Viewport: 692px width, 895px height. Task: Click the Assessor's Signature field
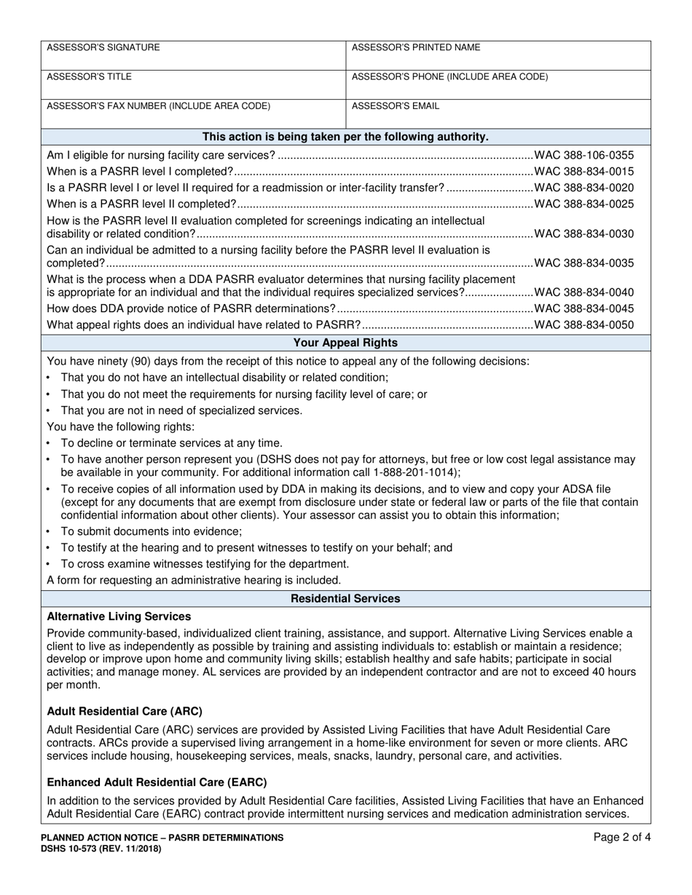pyautogui.click(x=193, y=55)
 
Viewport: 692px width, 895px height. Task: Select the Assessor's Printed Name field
pyautogui.click(x=498, y=55)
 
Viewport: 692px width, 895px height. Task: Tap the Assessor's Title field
pyautogui.click(x=193, y=84)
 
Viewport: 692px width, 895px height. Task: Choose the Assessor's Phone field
pyautogui.click(x=498, y=84)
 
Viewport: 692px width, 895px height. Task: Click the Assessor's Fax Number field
pyautogui.click(x=193, y=114)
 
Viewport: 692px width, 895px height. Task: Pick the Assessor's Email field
pyautogui.click(x=498, y=114)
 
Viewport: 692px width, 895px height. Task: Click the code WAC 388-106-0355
pyautogui.click(x=584, y=155)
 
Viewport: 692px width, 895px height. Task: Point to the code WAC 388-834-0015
pyautogui.click(x=584, y=172)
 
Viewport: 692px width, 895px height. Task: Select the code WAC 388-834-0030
pyautogui.click(x=584, y=234)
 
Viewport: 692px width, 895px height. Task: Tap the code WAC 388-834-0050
pyautogui.click(x=584, y=325)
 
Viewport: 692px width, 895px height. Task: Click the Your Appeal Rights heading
pyautogui.click(x=345, y=342)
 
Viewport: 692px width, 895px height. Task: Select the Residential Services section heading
pyautogui.click(x=345, y=598)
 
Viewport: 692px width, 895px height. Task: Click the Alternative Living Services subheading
pyautogui.click(x=119, y=616)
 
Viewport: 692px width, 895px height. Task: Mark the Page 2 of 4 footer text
pyautogui.click(x=622, y=838)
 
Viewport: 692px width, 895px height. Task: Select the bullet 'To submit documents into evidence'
pyautogui.click(x=152, y=531)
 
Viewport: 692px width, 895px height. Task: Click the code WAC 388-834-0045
pyautogui.click(x=584, y=309)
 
